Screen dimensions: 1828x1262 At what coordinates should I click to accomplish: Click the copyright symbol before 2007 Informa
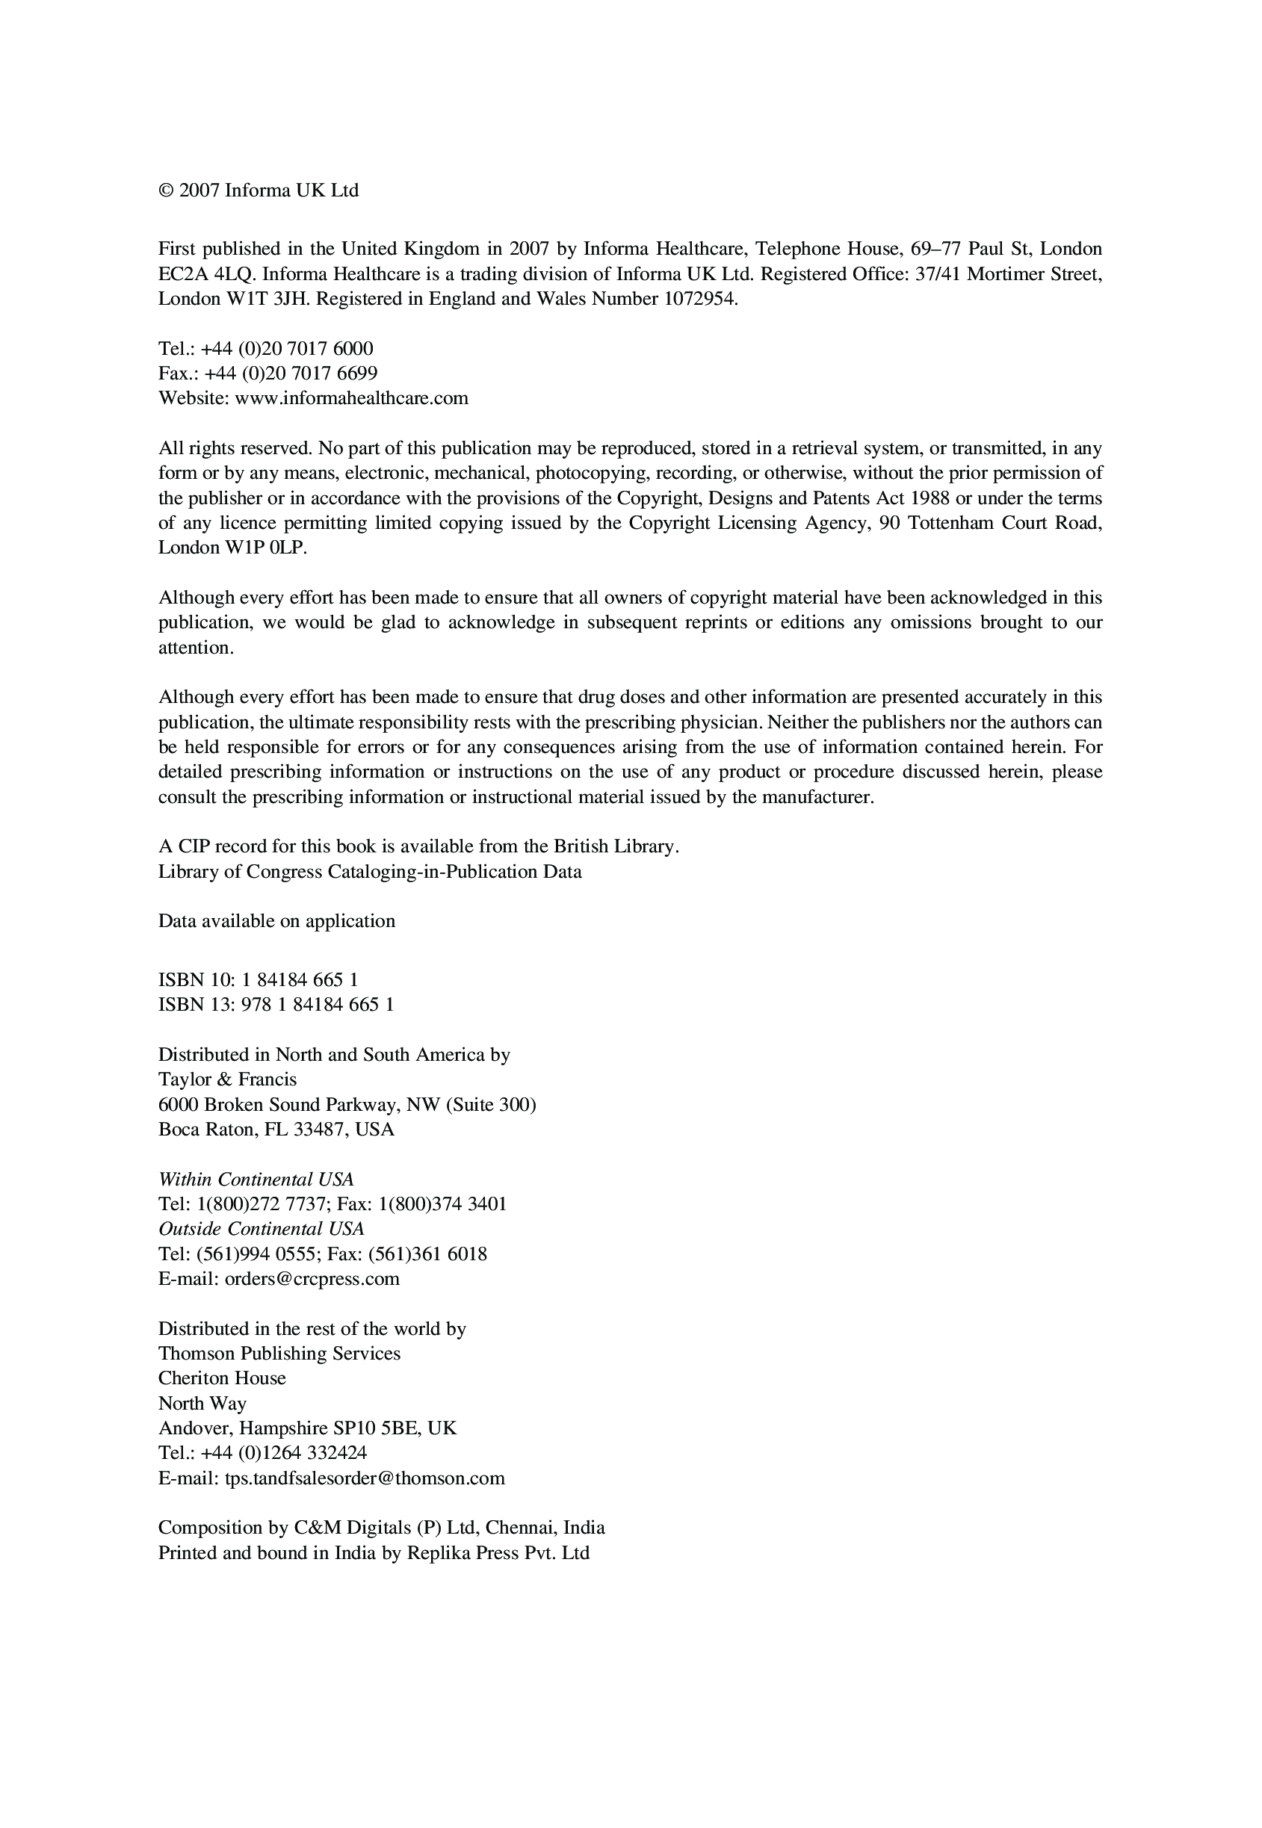coord(166,190)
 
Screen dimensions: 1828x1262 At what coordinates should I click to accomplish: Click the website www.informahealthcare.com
coord(351,397)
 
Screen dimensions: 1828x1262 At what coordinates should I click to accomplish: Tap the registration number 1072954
coord(701,299)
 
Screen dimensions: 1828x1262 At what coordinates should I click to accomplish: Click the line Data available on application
coord(276,921)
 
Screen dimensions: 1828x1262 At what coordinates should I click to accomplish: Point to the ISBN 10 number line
coord(259,980)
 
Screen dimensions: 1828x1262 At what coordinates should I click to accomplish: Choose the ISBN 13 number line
coord(276,1005)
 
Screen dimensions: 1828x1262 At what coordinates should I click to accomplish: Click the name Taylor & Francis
coord(228,1080)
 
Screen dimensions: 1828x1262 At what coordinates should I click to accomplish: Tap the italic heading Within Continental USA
coord(256,1180)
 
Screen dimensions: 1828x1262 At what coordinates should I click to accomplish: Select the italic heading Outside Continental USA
coord(262,1230)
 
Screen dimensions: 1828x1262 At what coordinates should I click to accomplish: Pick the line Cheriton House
coord(222,1378)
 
